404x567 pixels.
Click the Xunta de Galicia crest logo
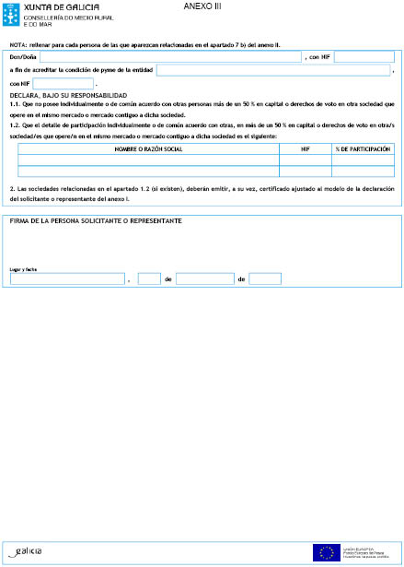(x=12, y=14)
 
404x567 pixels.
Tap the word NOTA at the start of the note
(x=17, y=44)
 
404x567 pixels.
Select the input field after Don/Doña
(x=170, y=57)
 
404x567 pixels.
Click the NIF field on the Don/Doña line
(x=364, y=57)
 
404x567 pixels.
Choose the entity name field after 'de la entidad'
(x=273, y=70)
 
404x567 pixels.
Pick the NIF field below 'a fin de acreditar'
(x=63, y=83)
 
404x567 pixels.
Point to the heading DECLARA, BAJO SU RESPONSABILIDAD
(x=68, y=95)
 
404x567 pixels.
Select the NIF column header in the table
(x=305, y=148)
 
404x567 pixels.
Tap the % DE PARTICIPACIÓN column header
(x=363, y=148)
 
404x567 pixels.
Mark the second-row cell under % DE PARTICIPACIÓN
(x=363, y=171)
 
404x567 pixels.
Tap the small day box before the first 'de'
(x=149, y=278)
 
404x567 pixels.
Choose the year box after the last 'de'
(x=265, y=278)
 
